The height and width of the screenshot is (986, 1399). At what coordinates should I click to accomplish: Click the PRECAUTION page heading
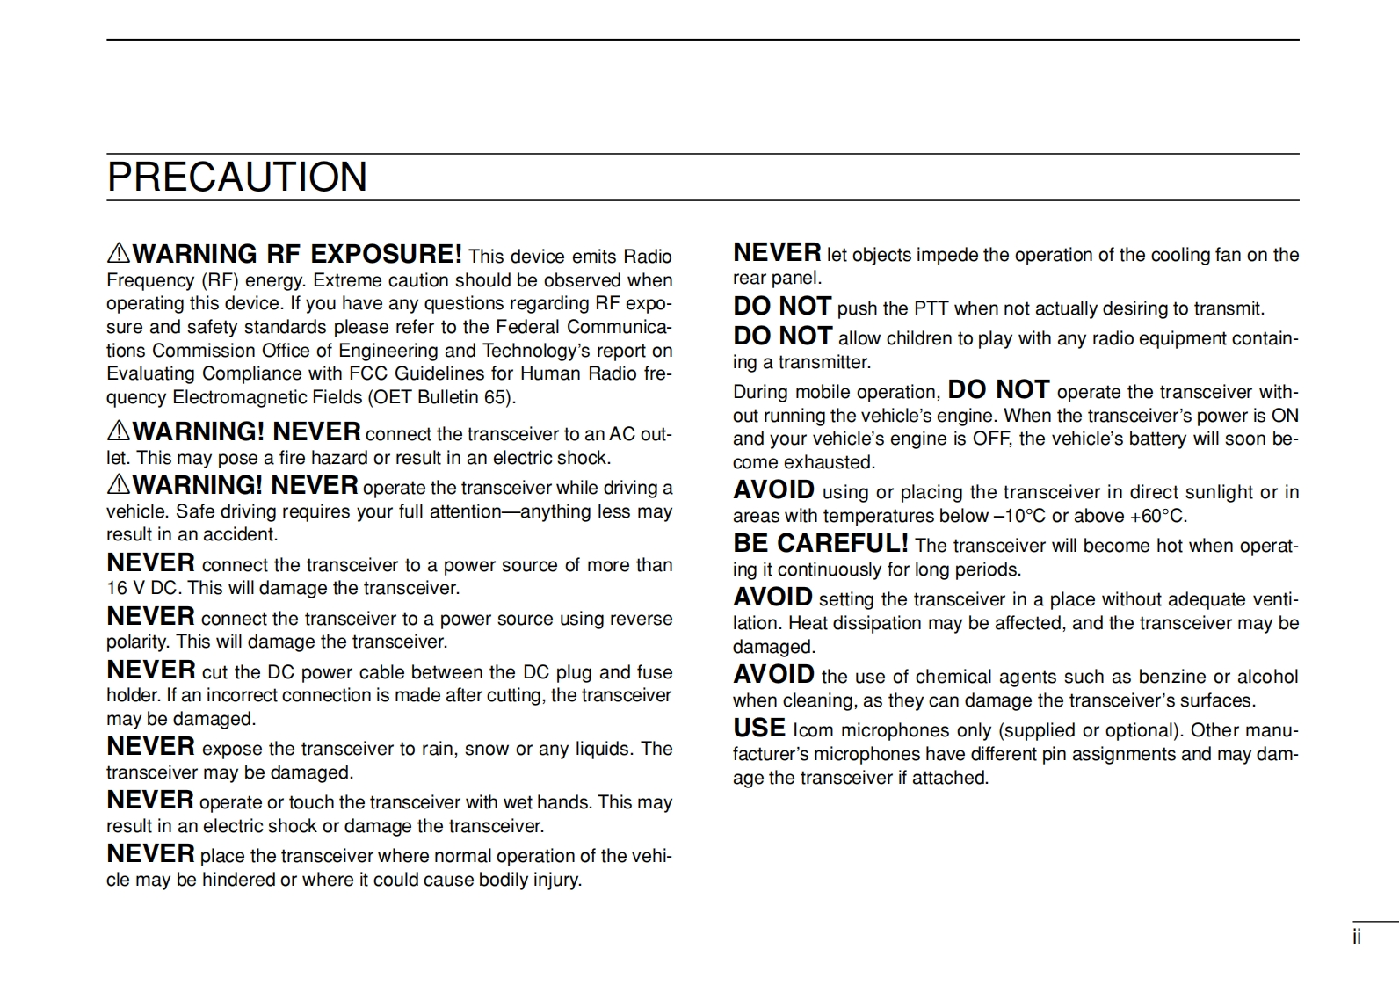point(237,177)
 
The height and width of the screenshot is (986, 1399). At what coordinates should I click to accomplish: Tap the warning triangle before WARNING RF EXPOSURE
point(118,254)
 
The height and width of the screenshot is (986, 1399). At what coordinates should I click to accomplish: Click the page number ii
point(1357,937)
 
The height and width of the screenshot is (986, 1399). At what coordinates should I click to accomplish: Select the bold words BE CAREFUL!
point(820,543)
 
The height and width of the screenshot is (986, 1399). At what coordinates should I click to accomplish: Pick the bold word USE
point(759,729)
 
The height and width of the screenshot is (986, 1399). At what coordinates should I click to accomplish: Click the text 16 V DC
point(141,588)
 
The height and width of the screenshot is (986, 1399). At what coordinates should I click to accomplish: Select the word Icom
point(813,730)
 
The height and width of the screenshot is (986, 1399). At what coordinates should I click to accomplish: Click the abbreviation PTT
point(931,308)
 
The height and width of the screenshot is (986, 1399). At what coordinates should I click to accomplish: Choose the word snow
point(486,749)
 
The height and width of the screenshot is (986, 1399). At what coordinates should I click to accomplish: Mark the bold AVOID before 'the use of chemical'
point(774,675)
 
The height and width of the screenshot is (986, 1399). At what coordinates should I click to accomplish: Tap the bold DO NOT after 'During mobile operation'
point(998,389)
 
